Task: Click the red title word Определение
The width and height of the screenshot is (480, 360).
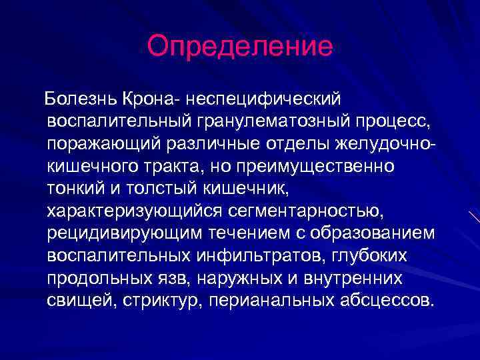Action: click(x=239, y=46)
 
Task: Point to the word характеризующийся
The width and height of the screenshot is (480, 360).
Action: click(x=133, y=211)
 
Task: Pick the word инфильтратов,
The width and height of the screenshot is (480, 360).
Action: click(x=261, y=256)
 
